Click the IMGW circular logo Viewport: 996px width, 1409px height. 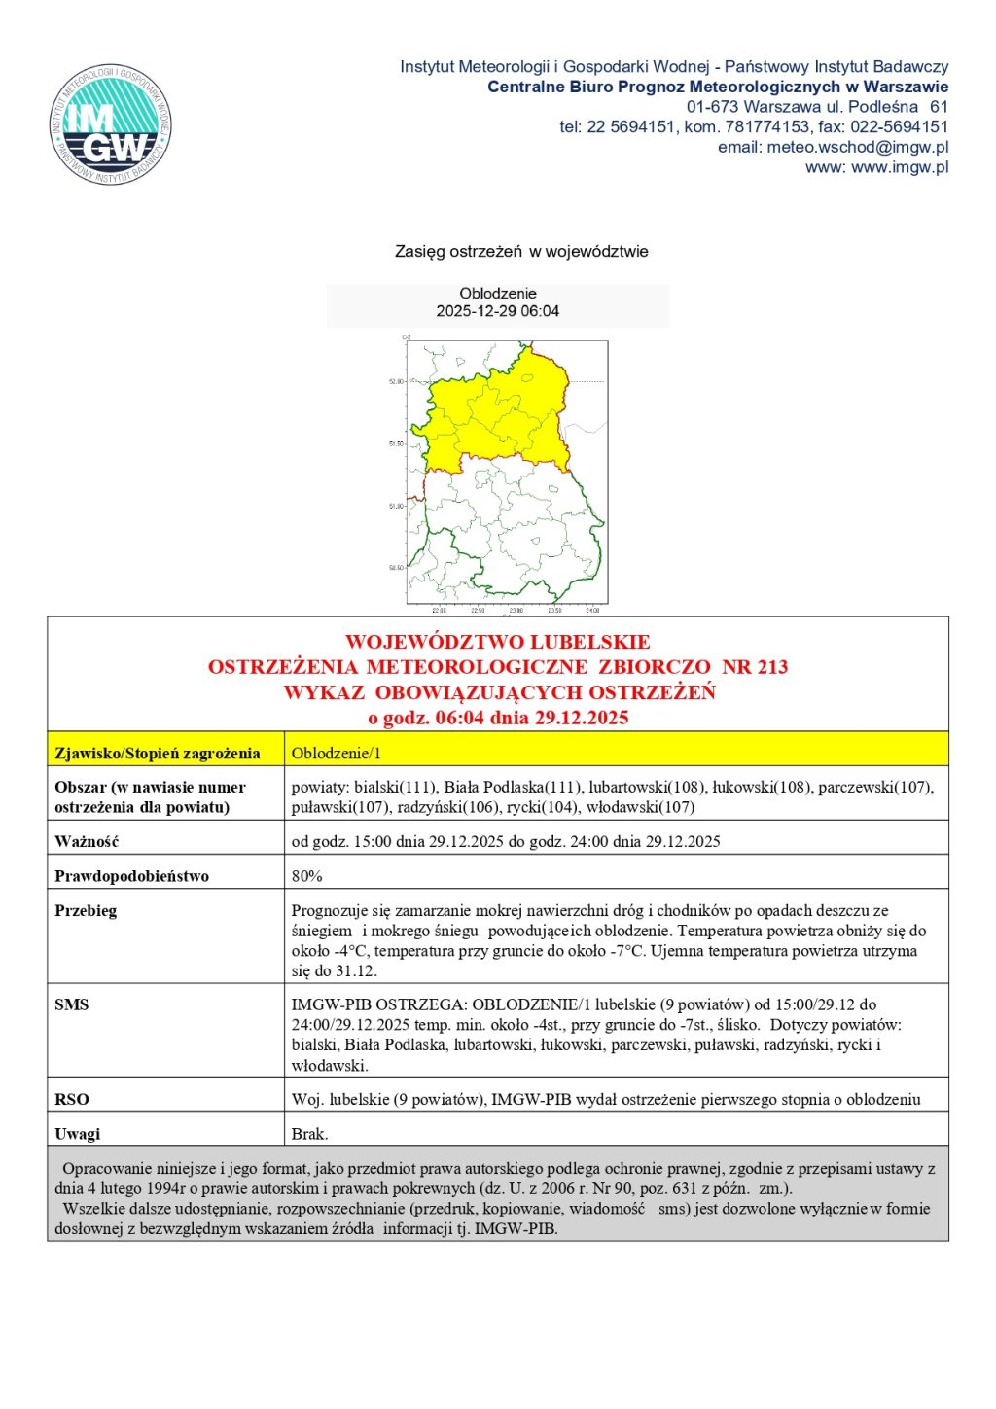pyautogui.click(x=111, y=125)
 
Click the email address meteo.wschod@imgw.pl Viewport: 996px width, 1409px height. pyautogui.click(x=857, y=147)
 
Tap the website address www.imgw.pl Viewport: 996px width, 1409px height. pyautogui.click(x=900, y=167)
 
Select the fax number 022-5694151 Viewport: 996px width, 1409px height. pyautogui.click(x=899, y=126)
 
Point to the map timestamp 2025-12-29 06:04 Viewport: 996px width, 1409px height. pyautogui.click(x=497, y=311)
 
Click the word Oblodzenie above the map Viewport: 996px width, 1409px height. pyautogui.click(x=497, y=293)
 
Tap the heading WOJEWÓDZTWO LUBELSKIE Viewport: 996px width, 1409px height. pyautogui.click(x=497, y=642)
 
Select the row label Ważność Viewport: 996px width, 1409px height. pyautogui.click(x=87, y=841)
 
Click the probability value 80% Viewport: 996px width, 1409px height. pyautogui.click(x=306, y=876)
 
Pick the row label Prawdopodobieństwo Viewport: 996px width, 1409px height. pyautogui.click(x=131, y=876)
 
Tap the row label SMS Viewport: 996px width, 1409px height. pyautogui.click(x=71, y=1004)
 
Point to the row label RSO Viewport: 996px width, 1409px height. pyautogui.click(x=71, y=1099)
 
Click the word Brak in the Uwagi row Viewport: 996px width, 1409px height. pyautogui.click(x=309, y=1134)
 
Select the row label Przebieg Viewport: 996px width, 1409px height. pyautogui.click(x=86, y=911)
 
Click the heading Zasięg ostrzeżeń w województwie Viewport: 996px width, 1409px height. pyautogui.click(x=520, y=251)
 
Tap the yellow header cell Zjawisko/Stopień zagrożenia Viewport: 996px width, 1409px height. pyautogui.click(x=158, y=753)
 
